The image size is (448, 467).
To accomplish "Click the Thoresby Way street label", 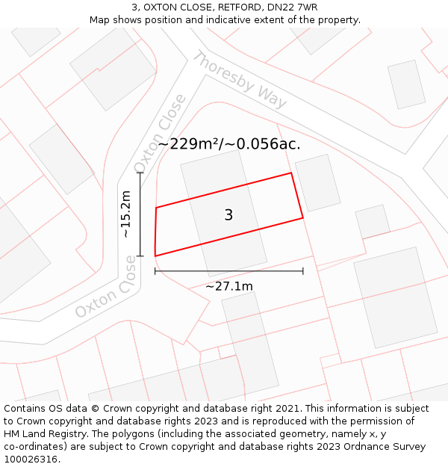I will point(240,80).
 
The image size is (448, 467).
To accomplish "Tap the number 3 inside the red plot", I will point(228,215).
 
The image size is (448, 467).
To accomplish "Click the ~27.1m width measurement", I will point(229,286).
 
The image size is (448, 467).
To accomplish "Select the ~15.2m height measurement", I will point(126,214).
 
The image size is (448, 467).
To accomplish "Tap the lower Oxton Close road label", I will point(106,288).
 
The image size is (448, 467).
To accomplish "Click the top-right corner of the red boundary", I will point(290,173).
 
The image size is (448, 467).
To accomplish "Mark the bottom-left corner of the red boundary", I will point(155,256).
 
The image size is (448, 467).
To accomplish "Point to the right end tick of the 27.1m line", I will point(303,270).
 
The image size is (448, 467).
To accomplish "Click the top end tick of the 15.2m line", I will point(140,173).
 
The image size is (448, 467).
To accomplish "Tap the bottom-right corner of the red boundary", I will point(303,218).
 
